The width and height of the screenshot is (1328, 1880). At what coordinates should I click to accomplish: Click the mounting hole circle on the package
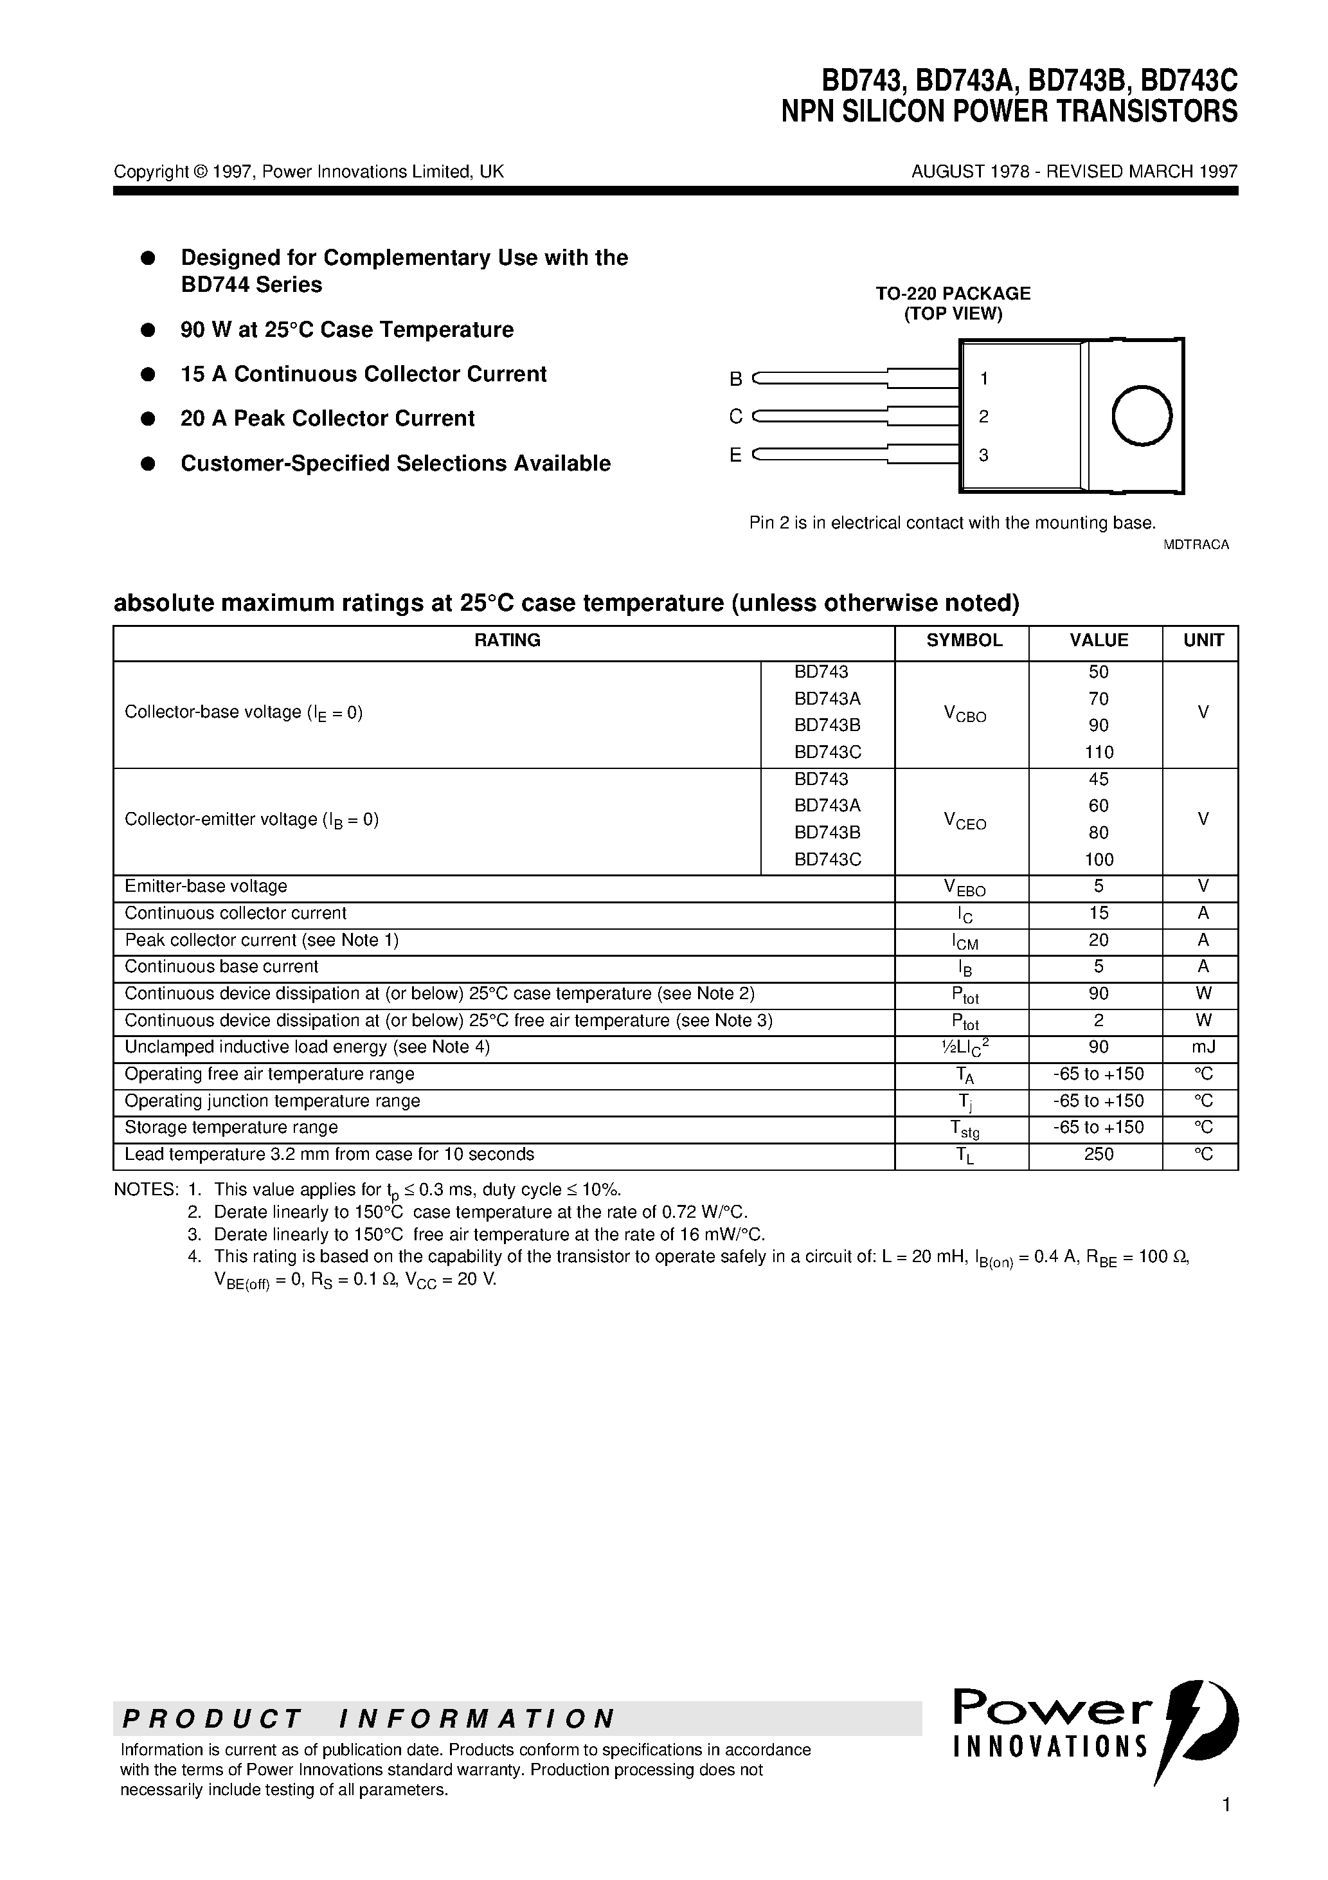pyautogui.click(x=1142, y=416)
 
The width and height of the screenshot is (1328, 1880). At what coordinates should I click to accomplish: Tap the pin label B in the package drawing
pyautogui.click(x=735, y=379)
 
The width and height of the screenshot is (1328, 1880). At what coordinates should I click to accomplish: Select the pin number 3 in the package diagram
pyautogui.click(x=983, y=455)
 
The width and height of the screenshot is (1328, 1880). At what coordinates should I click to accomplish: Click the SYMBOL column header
pyautogui.click(x=964, y=640)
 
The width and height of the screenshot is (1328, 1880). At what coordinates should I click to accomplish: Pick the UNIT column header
pyautogui.click(x=1203, y=640)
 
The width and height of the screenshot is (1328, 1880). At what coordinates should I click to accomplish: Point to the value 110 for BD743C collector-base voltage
pyautogui.click(x=1098, y=752)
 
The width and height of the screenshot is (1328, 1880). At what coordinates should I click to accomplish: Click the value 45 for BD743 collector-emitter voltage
pyautogui.click(x=1098, y=779)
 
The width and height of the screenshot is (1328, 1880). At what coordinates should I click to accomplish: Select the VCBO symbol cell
pyautogui.click(x=964, y=715)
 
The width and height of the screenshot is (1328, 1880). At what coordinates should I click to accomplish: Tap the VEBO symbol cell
pyautogui.click(x=964, y=887)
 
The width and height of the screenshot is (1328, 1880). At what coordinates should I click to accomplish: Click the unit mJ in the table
pyautogui.click(x=1203, y=1047)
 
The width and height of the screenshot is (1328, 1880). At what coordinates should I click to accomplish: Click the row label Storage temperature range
pyautogui.click(x=231, y=1128)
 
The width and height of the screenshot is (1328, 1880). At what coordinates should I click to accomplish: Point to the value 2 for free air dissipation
pyautogui.click(x=1098, y=1020)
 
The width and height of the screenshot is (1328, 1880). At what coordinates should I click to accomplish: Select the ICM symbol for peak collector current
pyautogui.click(x=964, y=942)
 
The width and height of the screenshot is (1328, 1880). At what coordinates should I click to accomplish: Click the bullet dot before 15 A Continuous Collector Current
pyautogui.click(x=148, y=374)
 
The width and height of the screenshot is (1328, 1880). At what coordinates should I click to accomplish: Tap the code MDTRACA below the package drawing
pyautogui.click(x=1196, y=545)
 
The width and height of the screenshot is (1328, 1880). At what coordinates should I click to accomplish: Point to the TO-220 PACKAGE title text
pyautogui.click(x=953, y=293)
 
